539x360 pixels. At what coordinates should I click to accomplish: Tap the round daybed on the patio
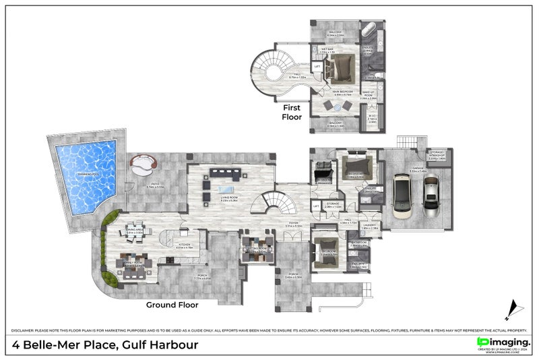tap(144, 163)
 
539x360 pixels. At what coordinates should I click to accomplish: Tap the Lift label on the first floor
tap(317, 66)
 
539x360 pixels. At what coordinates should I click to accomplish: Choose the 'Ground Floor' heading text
tap(172, 305)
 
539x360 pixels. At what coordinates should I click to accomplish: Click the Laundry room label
tap(369, 227)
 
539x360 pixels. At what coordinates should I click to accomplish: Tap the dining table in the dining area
tap(134, 228)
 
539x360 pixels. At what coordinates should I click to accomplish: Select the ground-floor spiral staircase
tap(274, 201)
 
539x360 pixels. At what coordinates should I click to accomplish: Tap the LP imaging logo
tap(503, 343)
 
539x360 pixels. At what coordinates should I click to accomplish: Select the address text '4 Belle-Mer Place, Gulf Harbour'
tap(106, 345)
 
